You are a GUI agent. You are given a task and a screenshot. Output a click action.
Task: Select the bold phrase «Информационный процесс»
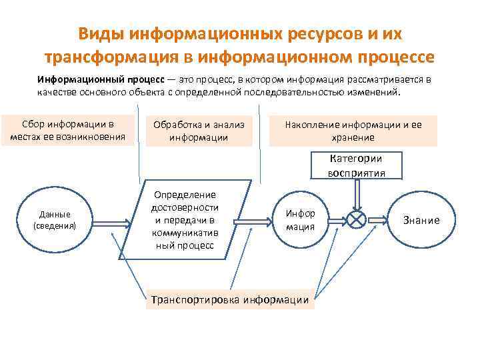tap(93, 79)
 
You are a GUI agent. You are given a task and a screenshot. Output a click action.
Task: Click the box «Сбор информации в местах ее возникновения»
tap(68, 130)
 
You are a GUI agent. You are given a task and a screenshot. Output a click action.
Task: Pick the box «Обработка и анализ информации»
tap(199, 131)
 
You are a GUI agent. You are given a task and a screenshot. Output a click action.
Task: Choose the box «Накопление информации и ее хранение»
tap(353, 131)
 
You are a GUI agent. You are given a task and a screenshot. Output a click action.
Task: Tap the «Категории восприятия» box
tap(356, 165)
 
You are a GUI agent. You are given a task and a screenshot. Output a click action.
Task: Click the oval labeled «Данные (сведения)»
tap(55, 220)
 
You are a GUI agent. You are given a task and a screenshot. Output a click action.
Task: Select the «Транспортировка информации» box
tap(230, 300)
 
